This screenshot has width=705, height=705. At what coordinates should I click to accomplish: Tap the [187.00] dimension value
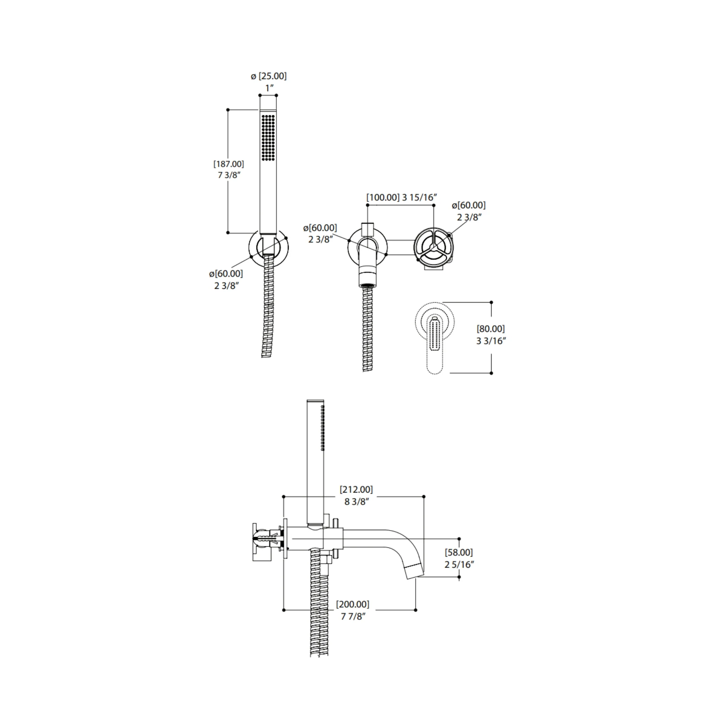229,164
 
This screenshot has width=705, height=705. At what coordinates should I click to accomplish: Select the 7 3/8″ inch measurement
229,175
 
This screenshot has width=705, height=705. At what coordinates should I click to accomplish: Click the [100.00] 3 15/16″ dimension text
402,197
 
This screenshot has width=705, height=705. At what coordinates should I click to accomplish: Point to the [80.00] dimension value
491,329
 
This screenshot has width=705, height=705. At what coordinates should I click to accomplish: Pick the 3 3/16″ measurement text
491,341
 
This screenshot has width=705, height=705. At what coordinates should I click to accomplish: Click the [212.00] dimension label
356,490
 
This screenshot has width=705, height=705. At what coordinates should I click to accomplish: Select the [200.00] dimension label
352,604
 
